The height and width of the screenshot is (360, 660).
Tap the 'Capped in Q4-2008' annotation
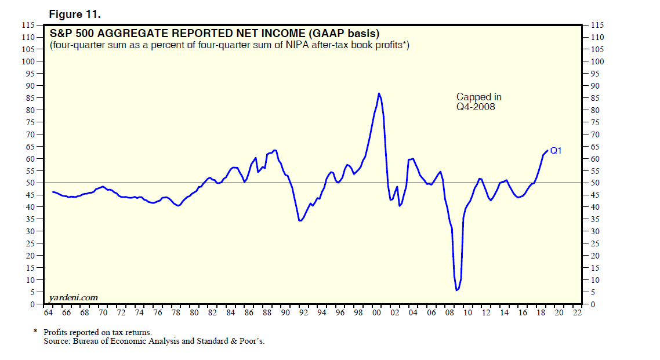478,101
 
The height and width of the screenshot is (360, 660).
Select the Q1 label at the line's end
556,151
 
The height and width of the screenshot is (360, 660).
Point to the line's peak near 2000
379,93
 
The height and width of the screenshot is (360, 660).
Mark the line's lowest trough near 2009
457,290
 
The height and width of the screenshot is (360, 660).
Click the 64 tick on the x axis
48,312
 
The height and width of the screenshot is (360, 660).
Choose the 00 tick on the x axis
376,312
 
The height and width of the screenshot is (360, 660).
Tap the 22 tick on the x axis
577,312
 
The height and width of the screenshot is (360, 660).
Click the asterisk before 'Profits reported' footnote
35,332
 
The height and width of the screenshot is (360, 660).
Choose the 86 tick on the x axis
249,312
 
